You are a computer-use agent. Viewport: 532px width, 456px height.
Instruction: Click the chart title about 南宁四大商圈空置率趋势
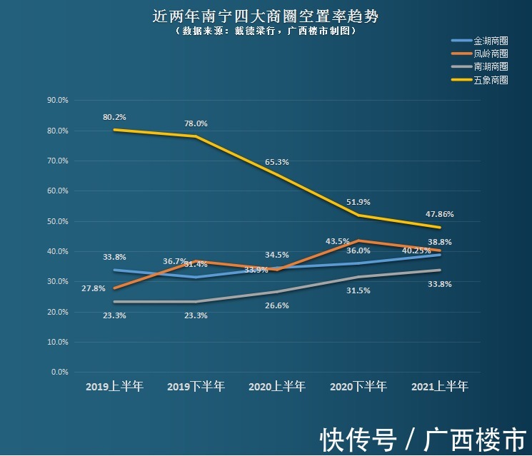click(x=265, y=16)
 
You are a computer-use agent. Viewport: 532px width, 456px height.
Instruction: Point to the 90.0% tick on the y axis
click(x=57, y=101)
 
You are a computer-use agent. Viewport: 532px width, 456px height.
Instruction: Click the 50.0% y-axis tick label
click(x=57, y=221)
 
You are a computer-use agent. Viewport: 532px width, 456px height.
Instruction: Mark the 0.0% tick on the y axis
click(x=59, y=372)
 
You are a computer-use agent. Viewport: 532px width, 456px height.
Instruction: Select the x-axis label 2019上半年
click(x=114, y=387)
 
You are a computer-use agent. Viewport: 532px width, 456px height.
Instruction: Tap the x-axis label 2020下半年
click(x=358, y=387)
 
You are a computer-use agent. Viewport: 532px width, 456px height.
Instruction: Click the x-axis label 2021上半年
click(x=440, y=387)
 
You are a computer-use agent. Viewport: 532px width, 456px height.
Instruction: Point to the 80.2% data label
click(x=114, y=117)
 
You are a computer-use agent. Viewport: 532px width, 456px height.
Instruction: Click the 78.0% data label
click(x=196, y=123)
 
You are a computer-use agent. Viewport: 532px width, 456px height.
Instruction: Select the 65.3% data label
click(x=277, y=162)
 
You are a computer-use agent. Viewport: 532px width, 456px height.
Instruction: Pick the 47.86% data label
click(x=439, y=213)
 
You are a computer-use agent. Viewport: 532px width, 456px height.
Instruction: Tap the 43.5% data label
click(x=337, y=240)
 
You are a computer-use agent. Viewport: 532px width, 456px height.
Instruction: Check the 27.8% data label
click(x=94, y=288)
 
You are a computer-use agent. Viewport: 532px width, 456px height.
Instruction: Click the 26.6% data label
click(x=277, y=305)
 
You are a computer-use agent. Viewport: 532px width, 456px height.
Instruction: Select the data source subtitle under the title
click(x=265, y=31)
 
